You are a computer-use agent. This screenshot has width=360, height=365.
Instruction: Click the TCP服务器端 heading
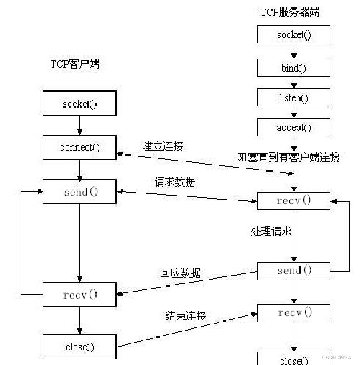[289, 13]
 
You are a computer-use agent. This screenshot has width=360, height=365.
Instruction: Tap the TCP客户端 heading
[74, 64]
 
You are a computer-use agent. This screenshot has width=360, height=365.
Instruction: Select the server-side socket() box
[294, 34]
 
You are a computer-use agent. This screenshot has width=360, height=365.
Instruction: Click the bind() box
[294, 68]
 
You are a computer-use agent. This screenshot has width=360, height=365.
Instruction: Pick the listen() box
[294, 97]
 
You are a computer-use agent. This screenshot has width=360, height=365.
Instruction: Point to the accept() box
[294, 128]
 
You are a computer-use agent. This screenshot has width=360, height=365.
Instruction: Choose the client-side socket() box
[79, 104]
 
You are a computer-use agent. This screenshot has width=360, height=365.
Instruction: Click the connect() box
[79, 148]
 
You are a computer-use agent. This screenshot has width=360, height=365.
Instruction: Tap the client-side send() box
[79, 192]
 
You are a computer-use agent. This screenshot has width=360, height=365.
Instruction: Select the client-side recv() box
[79, 295]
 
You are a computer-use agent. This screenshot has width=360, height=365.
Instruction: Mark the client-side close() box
[79, 347]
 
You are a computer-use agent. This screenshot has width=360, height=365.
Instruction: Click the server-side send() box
[294, 271]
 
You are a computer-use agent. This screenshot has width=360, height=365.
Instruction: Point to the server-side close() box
[294, 359]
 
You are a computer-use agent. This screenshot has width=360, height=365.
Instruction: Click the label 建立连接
[163, 146]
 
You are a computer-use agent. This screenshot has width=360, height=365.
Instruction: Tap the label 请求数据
[174, 182]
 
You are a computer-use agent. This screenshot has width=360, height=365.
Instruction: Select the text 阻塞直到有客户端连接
[289, 157]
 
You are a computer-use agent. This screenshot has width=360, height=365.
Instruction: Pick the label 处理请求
[271, 231]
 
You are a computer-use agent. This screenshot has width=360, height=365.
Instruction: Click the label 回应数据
[180, 273]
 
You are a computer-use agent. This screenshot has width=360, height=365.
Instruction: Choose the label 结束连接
[186, 315]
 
